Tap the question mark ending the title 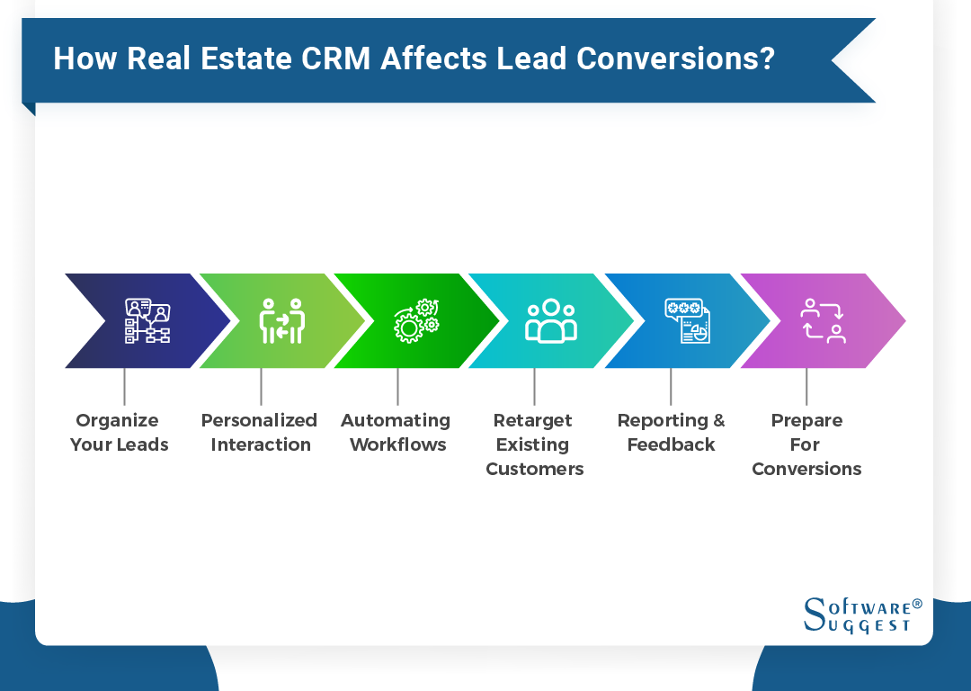click(x=765, y=58)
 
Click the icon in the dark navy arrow click(x=147, y=321)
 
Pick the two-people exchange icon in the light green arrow click(x=282, y=321)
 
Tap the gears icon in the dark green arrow click(x=416, y=321)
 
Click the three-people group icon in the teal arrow click(x=550, y=321)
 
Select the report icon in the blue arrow click(x=687, y=321)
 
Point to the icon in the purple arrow click(x=823, y=321)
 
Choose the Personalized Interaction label click(x=260, y=432)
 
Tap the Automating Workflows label click(x=396, y=432)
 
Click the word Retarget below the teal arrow click(x=533, y=420)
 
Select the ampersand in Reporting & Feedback click(x=718, y=420)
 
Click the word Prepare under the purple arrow click(x=806, y=420)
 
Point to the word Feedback click(x=671, y=444)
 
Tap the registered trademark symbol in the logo click(x=917, y=604)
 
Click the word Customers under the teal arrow click(x=535, y=469)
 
